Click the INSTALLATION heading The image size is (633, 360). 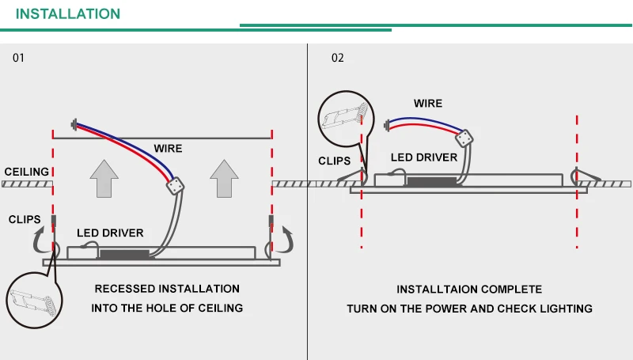coord(68,13)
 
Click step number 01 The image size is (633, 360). coord(18,58)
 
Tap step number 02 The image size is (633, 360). coord(338,58)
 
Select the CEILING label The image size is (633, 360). coord(27,172)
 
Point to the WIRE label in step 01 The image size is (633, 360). coord(168,149)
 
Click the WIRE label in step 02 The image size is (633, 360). coord(428,104)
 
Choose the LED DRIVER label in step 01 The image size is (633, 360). coord(110,233)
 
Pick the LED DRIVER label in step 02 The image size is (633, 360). coord(424,157)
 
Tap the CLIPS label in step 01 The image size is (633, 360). coord(25,219)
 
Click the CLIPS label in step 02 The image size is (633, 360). coord(334,161)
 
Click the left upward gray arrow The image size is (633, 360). coord(104,178)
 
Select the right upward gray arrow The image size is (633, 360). coord(224,178)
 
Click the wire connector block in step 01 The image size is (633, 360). coord(175,186)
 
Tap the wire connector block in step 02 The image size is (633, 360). coord(464,138)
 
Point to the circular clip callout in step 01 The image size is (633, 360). coord(34,300)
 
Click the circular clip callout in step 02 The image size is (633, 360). coord(346,119)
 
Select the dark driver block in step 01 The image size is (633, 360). coord(124,254)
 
